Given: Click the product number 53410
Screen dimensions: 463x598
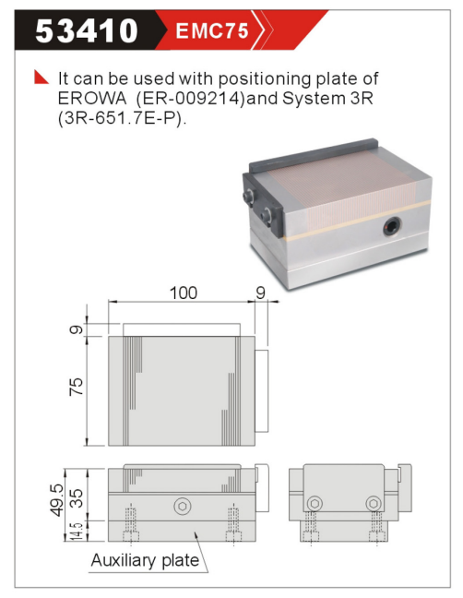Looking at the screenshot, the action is [x=87, y=30].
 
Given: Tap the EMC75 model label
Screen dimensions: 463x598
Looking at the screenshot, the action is [x=212, y=30].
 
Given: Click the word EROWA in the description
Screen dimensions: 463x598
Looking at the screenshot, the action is [x=92, y=99].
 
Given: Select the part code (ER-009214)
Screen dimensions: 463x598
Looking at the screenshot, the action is [x=191, y=99].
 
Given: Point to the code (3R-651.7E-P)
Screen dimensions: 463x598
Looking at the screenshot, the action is [x=123, y=119].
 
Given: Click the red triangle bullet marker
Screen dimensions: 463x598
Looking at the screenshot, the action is [x=41, y=77].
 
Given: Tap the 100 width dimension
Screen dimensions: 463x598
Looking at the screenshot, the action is [x=184, y=293].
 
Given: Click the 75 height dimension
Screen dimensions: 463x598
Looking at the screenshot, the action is [x=77, y=387].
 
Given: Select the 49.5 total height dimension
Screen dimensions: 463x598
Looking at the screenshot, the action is [x=57, y=500].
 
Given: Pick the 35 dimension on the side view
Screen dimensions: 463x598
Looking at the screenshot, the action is [x=77, y=498].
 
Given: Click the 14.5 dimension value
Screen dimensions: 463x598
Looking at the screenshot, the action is [x=77, y=531].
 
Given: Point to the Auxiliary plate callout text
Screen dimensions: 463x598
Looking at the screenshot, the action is [x=145, y=560].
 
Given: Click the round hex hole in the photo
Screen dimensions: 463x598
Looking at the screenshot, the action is [x=393, y=226].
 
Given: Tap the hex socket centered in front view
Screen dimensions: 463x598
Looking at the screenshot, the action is [x=183, y=506].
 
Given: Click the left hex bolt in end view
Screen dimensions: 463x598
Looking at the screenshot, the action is [x=315, y=504].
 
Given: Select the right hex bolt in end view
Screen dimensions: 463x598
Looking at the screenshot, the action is [x=374, y=504].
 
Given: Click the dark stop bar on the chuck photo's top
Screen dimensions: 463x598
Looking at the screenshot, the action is [x=314, y=156].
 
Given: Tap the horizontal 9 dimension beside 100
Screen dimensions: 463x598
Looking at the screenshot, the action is [x=261, y=293].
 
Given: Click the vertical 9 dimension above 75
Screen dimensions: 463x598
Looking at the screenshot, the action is [x=77, y=329].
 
